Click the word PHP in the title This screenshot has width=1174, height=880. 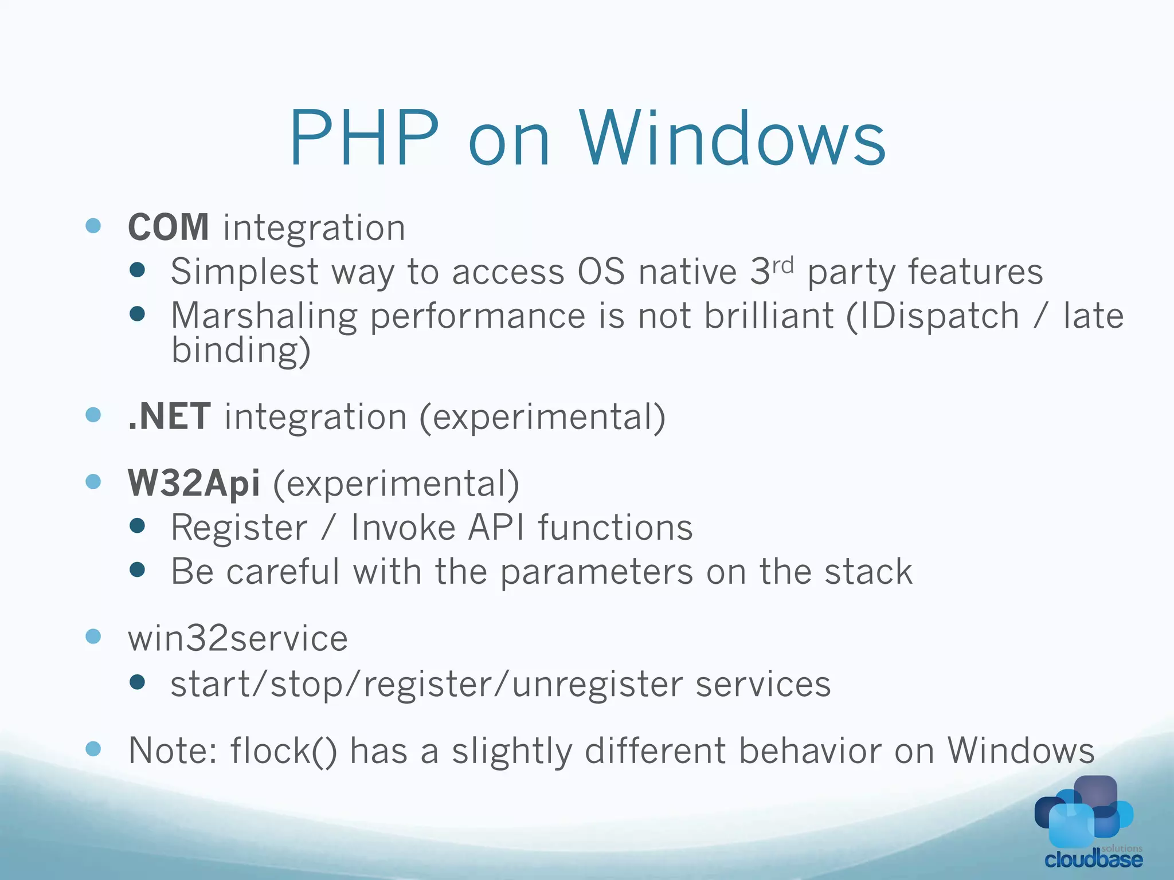(x=365, y=139)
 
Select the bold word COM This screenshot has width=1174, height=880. (x=169, y=227)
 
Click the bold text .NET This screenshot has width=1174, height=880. (x=169, y=417)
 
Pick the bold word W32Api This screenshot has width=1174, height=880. (x=194, y=484)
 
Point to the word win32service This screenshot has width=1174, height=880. (x=238, y=639)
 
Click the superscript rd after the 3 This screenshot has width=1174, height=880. (x=782, y=265)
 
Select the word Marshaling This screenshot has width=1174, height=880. (x=264, y=316)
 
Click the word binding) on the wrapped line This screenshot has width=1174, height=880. (x=241, y=351)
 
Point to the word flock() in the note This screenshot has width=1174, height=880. (x=284, y=751)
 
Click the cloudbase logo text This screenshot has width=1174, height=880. (x=1093, y=859)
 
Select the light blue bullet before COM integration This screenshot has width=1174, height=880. (x=93, y=226)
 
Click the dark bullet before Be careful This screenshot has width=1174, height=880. (x=138, y=569)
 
